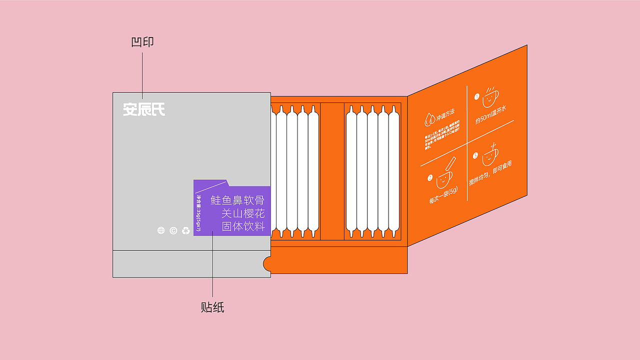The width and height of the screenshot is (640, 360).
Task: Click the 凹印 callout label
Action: (142, 42)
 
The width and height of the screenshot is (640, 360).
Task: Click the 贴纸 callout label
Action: (212, 307)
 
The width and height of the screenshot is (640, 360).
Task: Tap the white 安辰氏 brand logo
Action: (144, 109)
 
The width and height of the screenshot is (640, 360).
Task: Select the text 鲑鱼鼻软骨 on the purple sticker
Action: (237, 200)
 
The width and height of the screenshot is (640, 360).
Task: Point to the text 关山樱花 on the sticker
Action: (243, 213)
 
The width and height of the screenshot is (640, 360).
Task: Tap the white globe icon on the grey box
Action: (161, 230)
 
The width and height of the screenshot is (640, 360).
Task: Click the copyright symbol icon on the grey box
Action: (173, 230)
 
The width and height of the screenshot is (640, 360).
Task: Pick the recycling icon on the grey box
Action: (186, 230)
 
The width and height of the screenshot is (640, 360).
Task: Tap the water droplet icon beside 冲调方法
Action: (429, 119)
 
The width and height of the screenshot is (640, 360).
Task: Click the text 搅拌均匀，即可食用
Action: (490, 173)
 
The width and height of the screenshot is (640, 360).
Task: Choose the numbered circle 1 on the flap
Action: (476, 96)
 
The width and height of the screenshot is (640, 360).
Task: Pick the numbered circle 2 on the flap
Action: (430, 177)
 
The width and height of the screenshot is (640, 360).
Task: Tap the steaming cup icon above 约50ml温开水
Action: (490, 97)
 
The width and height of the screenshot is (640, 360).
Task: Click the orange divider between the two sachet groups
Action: (332, 171)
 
